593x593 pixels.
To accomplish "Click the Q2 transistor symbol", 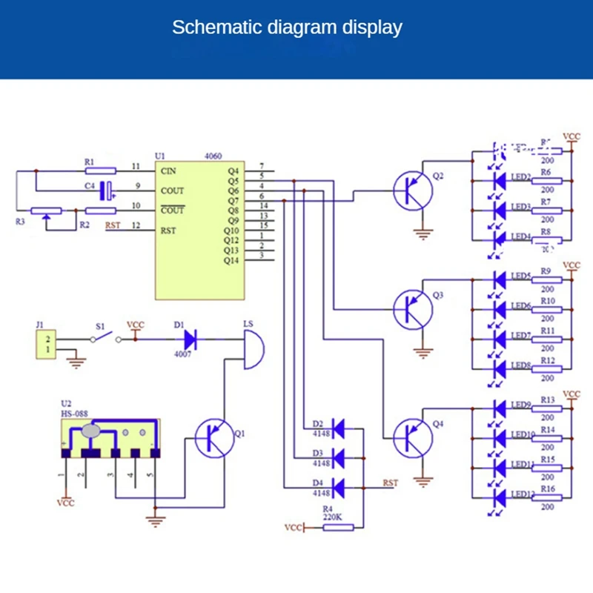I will [414, 191].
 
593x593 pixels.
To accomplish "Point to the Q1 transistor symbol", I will [215, 438].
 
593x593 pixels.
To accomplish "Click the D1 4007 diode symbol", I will [190, 340].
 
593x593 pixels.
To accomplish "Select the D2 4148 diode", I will [338, 427].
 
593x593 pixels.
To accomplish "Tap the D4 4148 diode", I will [338, 488].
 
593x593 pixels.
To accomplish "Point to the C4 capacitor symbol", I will [109, 191].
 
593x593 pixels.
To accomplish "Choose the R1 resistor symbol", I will [99, 170].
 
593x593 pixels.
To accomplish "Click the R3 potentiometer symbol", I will [47, 211].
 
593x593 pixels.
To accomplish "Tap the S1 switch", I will [102, 339].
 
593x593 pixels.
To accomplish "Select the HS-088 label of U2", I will [76, 413].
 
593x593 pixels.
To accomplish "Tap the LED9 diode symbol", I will [499, 407].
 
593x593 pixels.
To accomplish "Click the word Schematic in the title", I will [209, 28].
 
